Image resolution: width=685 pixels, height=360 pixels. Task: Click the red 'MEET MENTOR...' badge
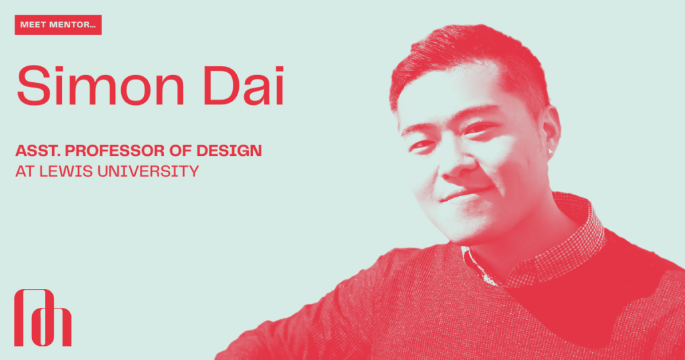click(58, 25)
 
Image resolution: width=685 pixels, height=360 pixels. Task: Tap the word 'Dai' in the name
click(243, 86)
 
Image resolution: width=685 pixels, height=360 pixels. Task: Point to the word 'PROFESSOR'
click(114, 151)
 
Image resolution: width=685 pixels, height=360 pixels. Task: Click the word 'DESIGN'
click(229, 151)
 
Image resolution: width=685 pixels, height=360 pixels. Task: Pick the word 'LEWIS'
click(66, 171)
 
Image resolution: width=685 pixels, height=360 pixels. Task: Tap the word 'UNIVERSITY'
click(148, 171)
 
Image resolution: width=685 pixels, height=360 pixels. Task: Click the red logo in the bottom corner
click(43, 318)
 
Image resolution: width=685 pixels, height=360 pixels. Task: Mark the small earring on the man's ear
click(550, 151)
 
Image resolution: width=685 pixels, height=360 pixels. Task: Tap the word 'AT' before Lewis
click(25, 171)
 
